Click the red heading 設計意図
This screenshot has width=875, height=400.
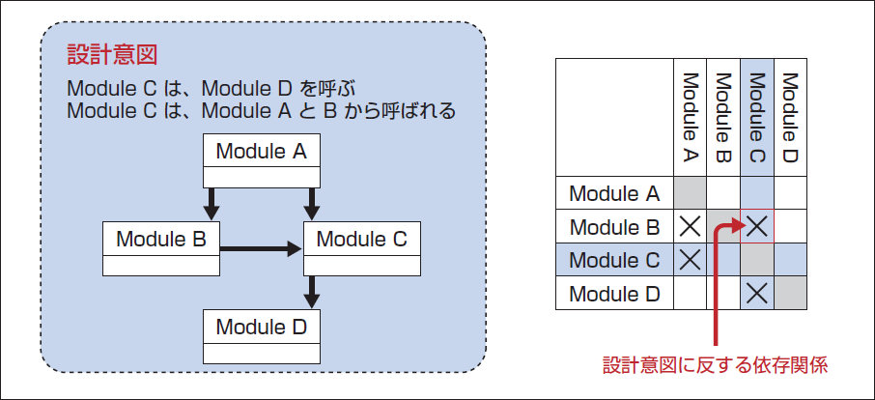pyautogui.click(x=112, y=55)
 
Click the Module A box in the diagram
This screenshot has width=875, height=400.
pyautogui.click(x=261, y=160)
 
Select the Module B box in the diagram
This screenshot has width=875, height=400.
pyautogui.click(x=161, y=249)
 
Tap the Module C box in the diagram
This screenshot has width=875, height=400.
pyautogui.click(x=362, y=249)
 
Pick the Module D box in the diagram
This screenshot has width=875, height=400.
pyautogui.click(x=261, y=336)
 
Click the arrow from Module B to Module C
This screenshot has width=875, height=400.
pyautogui.click(x=261, y=249)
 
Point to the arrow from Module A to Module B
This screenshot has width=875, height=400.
pyautogui.click(x=211, y=204)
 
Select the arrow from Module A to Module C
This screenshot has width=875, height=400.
pyautogui.click(x=312, y=204)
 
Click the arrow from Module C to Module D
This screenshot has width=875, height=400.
pyautogui.click(x=312, y=293)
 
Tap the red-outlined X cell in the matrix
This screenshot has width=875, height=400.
pyautogui.click(x=757, y=226)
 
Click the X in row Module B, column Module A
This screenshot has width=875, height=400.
pyautogui.click(x=690, y=226)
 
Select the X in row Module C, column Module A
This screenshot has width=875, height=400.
pyautogui.click(x=690, y=259)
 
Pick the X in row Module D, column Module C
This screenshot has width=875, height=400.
pyautogui.click(x=757, y=293)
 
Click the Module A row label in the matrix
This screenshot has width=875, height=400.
pyautogui.click(x=614, y=193)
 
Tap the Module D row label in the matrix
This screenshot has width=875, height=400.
pyautogui.click(x=614, y=294)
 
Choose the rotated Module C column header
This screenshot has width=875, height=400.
pyautogui.click(x=757, y=118)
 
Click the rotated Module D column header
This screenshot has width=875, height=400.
pyautogui.click(x=790, y=118)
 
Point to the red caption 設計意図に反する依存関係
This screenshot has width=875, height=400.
pyautogui.click(x=715, y=365)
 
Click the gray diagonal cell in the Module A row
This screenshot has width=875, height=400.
pyautogui.click(x=690, y=193)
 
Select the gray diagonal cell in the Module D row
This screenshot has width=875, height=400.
pyautogui.click(x=790, y=293)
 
